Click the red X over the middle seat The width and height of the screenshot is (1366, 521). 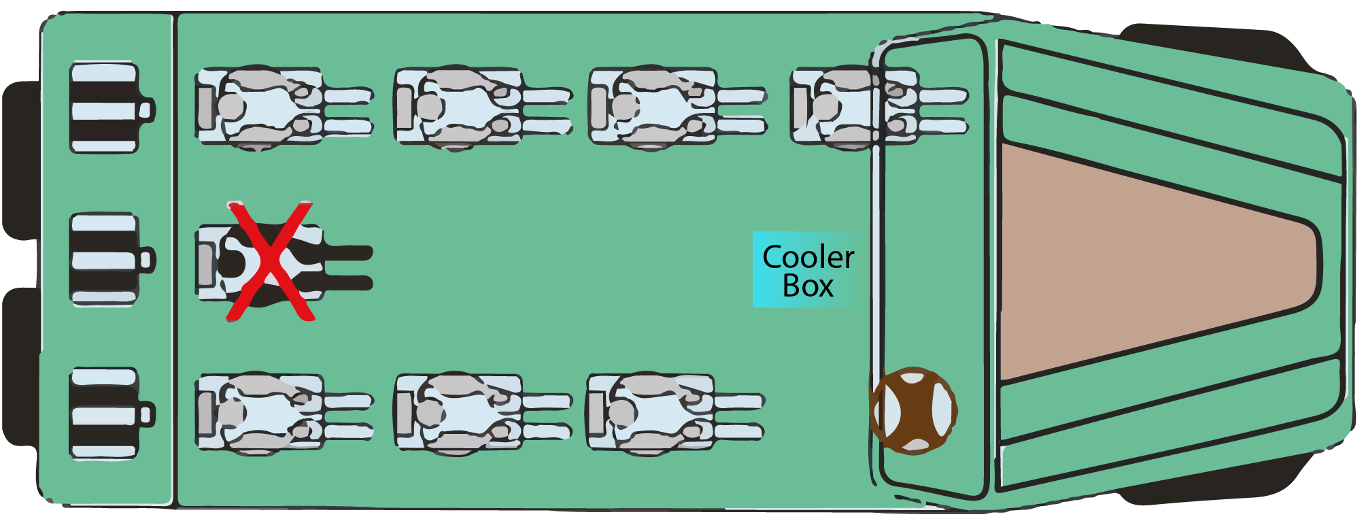[x=271, y=261]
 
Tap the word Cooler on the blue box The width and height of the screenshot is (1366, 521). [x=808, y=257]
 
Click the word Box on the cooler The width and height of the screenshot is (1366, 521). [x=808, y=286]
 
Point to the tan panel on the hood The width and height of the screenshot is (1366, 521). [x=1149, y=262]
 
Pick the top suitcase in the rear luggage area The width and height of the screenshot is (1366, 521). [x=105, y=107]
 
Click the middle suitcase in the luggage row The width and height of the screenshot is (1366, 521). [x=105, y=259]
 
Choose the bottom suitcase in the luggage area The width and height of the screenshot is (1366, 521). [x=105, y=413]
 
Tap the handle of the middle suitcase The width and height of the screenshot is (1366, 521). [x=147, y=259]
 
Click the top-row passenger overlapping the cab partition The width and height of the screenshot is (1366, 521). [x=864, y=107]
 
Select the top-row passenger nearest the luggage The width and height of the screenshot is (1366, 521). [x=272, y=107]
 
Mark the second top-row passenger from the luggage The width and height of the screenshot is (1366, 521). [x=469, y=107]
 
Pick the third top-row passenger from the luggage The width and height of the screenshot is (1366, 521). [x=663, y=107]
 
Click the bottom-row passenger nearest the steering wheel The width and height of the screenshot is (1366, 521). [x=663, y=413]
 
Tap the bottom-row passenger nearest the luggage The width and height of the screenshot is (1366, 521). [x=272, y=413]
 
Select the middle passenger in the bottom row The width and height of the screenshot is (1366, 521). [x=469, y=413]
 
